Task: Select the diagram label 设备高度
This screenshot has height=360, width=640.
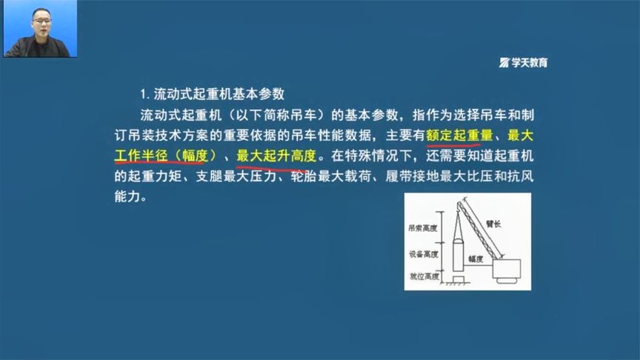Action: point(422,254)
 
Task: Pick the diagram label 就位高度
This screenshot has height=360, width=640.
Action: point(422,276)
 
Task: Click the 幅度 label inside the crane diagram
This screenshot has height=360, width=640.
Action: point(475,259)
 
